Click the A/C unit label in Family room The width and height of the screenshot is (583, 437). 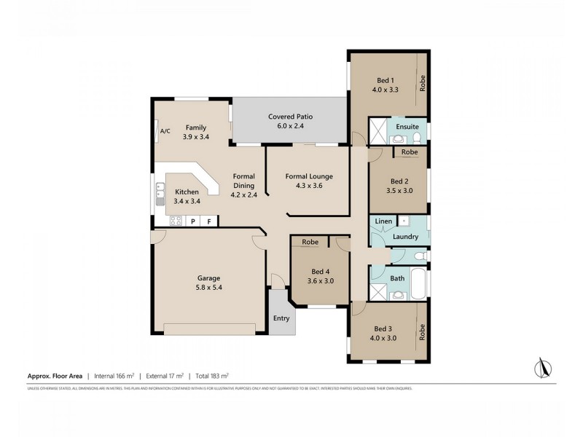[x=165, y=131]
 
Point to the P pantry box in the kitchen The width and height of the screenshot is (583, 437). [x=193, y=221]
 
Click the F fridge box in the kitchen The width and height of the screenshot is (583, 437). [x=209, y=221]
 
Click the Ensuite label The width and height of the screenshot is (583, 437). [x=407, y=127]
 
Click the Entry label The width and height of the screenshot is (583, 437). [x=281, y=318]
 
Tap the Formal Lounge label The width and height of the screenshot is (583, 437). [x=309, y=176]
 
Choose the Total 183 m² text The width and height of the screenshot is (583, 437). [x=211, y=376]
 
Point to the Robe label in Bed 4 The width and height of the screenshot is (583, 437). [x=309, y=241]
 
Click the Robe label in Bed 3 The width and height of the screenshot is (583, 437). [x=422, y=333]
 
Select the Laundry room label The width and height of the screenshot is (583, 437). [x=405, y=237]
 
